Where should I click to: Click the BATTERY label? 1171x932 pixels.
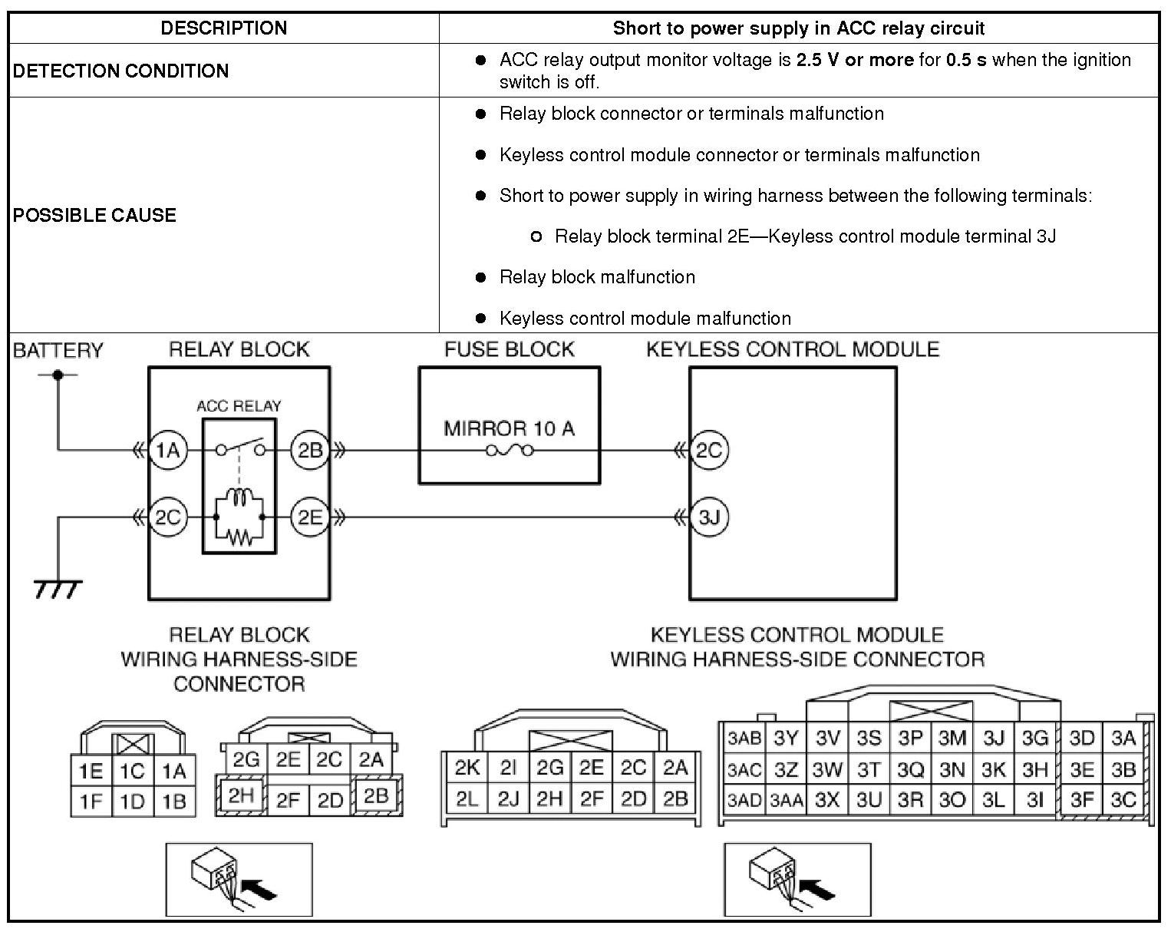point(58,351)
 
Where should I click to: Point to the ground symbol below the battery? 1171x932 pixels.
point(58,589)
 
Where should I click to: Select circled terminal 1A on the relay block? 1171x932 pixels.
point(167,451)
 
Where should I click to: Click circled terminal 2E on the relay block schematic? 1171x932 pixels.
point(310,517)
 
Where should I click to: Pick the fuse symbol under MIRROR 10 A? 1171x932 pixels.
point(509,451)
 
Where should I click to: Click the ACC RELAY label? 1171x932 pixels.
point(239,406)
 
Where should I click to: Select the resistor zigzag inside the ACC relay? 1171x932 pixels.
point(239,537)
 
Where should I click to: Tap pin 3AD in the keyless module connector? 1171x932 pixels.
point(744,801)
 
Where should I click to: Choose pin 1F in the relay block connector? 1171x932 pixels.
point(91,801)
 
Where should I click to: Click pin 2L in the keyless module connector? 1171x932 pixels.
point(467,799)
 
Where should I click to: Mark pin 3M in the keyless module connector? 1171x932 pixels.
point(952,739)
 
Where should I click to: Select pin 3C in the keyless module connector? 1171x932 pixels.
point(1123,800)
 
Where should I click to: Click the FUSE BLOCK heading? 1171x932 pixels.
point(509,350)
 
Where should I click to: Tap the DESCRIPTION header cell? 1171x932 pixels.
point(223,28)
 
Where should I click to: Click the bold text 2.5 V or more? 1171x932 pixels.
point(854,60)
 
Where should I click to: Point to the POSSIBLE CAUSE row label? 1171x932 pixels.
point(94,215)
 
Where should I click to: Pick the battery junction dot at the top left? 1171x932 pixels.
point(57,375)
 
